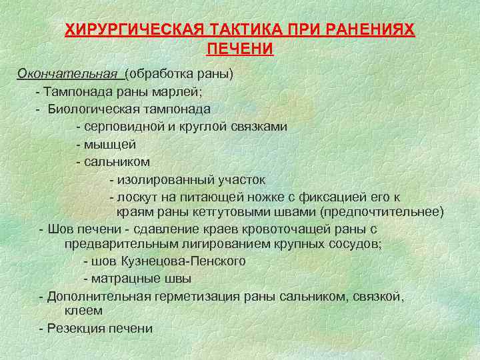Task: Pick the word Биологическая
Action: coord(90,109)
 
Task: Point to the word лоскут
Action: coord(137,197)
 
